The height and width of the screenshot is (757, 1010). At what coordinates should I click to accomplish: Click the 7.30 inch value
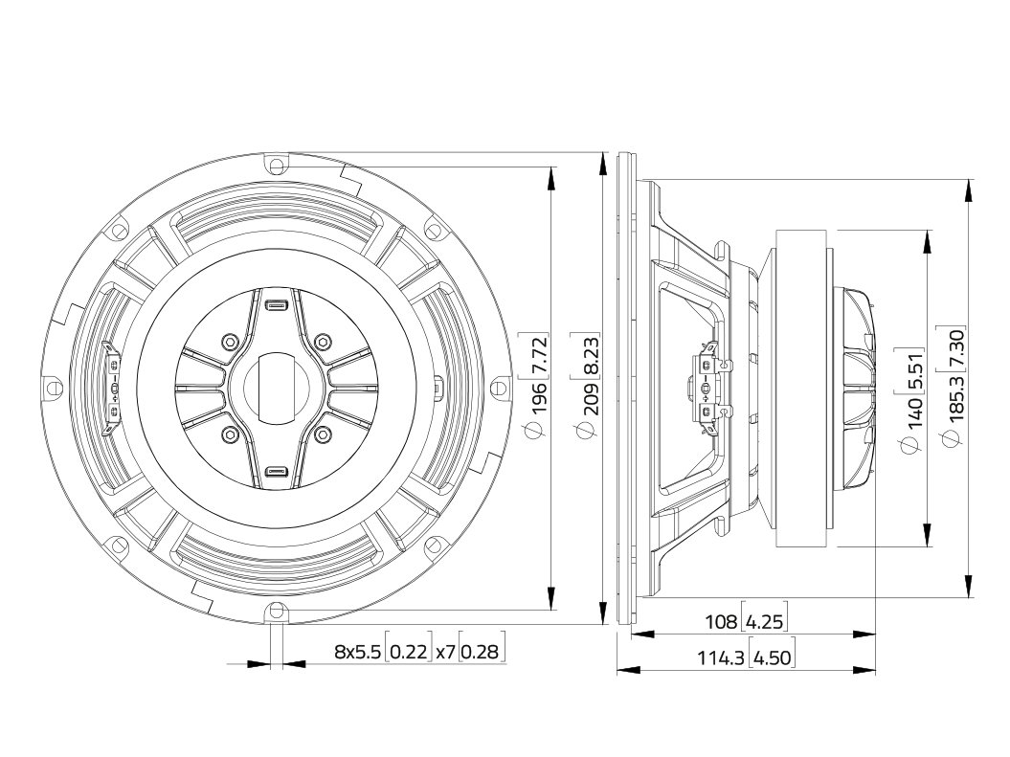click(955, 348)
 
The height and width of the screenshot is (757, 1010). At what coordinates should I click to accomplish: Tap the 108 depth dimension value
click(721, 622)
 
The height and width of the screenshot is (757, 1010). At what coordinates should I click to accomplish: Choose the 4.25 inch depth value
click(764, 622)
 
